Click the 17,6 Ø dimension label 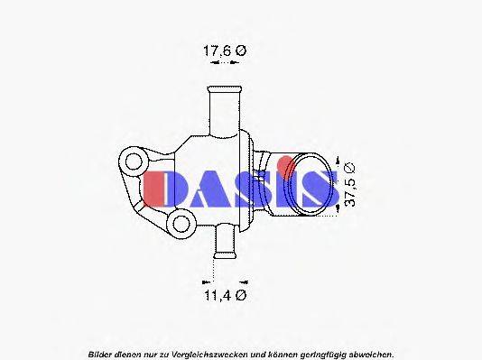click(222, 51)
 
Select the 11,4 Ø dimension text click(223, 295)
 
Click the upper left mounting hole click(135, 164)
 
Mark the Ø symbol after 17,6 click(240, 51)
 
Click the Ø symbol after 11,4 click(241, 295)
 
